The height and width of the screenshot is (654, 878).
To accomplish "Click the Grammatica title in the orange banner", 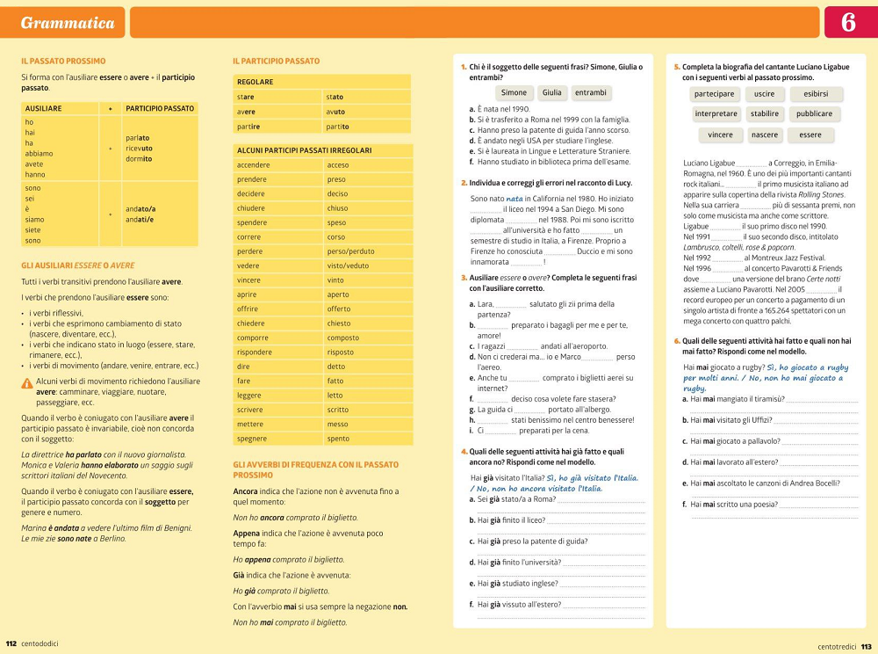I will [x=68, y=23].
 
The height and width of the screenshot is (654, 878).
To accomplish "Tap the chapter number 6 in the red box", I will [x=849, y=23].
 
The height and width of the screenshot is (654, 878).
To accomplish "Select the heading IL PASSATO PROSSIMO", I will [x=63, y=62].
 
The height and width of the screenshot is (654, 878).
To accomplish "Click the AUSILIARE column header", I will [x=44, y=108].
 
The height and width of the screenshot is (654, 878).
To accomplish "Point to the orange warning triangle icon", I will [x=27, y=383].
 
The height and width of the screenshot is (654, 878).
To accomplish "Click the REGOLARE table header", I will [x=255, y=82].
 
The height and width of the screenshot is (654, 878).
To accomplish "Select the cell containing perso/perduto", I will [x=350, y=251].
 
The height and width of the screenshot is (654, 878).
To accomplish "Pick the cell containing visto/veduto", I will [x=348, y=265].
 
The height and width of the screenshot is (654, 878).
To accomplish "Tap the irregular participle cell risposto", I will [x=341, y=352].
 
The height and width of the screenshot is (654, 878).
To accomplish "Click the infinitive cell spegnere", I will [x=252, y=438].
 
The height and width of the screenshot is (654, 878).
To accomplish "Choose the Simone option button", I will [x=514, y=93].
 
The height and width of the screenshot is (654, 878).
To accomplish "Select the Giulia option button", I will [x=551, y=93].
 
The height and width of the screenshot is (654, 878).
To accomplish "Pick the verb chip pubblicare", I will [x=814, y=114].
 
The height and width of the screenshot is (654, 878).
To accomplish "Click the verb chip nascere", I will [x=765, y=135].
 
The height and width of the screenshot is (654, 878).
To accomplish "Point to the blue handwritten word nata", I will [x=515, y=199].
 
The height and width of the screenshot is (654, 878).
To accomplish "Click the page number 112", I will [x=11, y=643].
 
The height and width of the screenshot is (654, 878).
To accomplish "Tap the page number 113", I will [x=866, y=646].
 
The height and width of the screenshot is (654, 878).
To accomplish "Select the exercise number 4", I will [x=464, y=451].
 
